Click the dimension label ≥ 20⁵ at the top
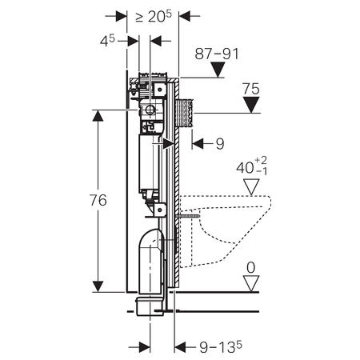coord(154,17)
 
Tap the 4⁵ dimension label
coord(107,41)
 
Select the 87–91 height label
coord(217,54)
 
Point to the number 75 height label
coord(251,89)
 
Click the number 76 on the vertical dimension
coord(98,200)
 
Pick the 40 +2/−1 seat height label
coord(251,166)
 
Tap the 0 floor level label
coord(250,267)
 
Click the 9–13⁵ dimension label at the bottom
coord(221,347)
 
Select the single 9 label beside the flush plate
coord(220,144)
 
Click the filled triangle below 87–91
coord(218,70)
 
